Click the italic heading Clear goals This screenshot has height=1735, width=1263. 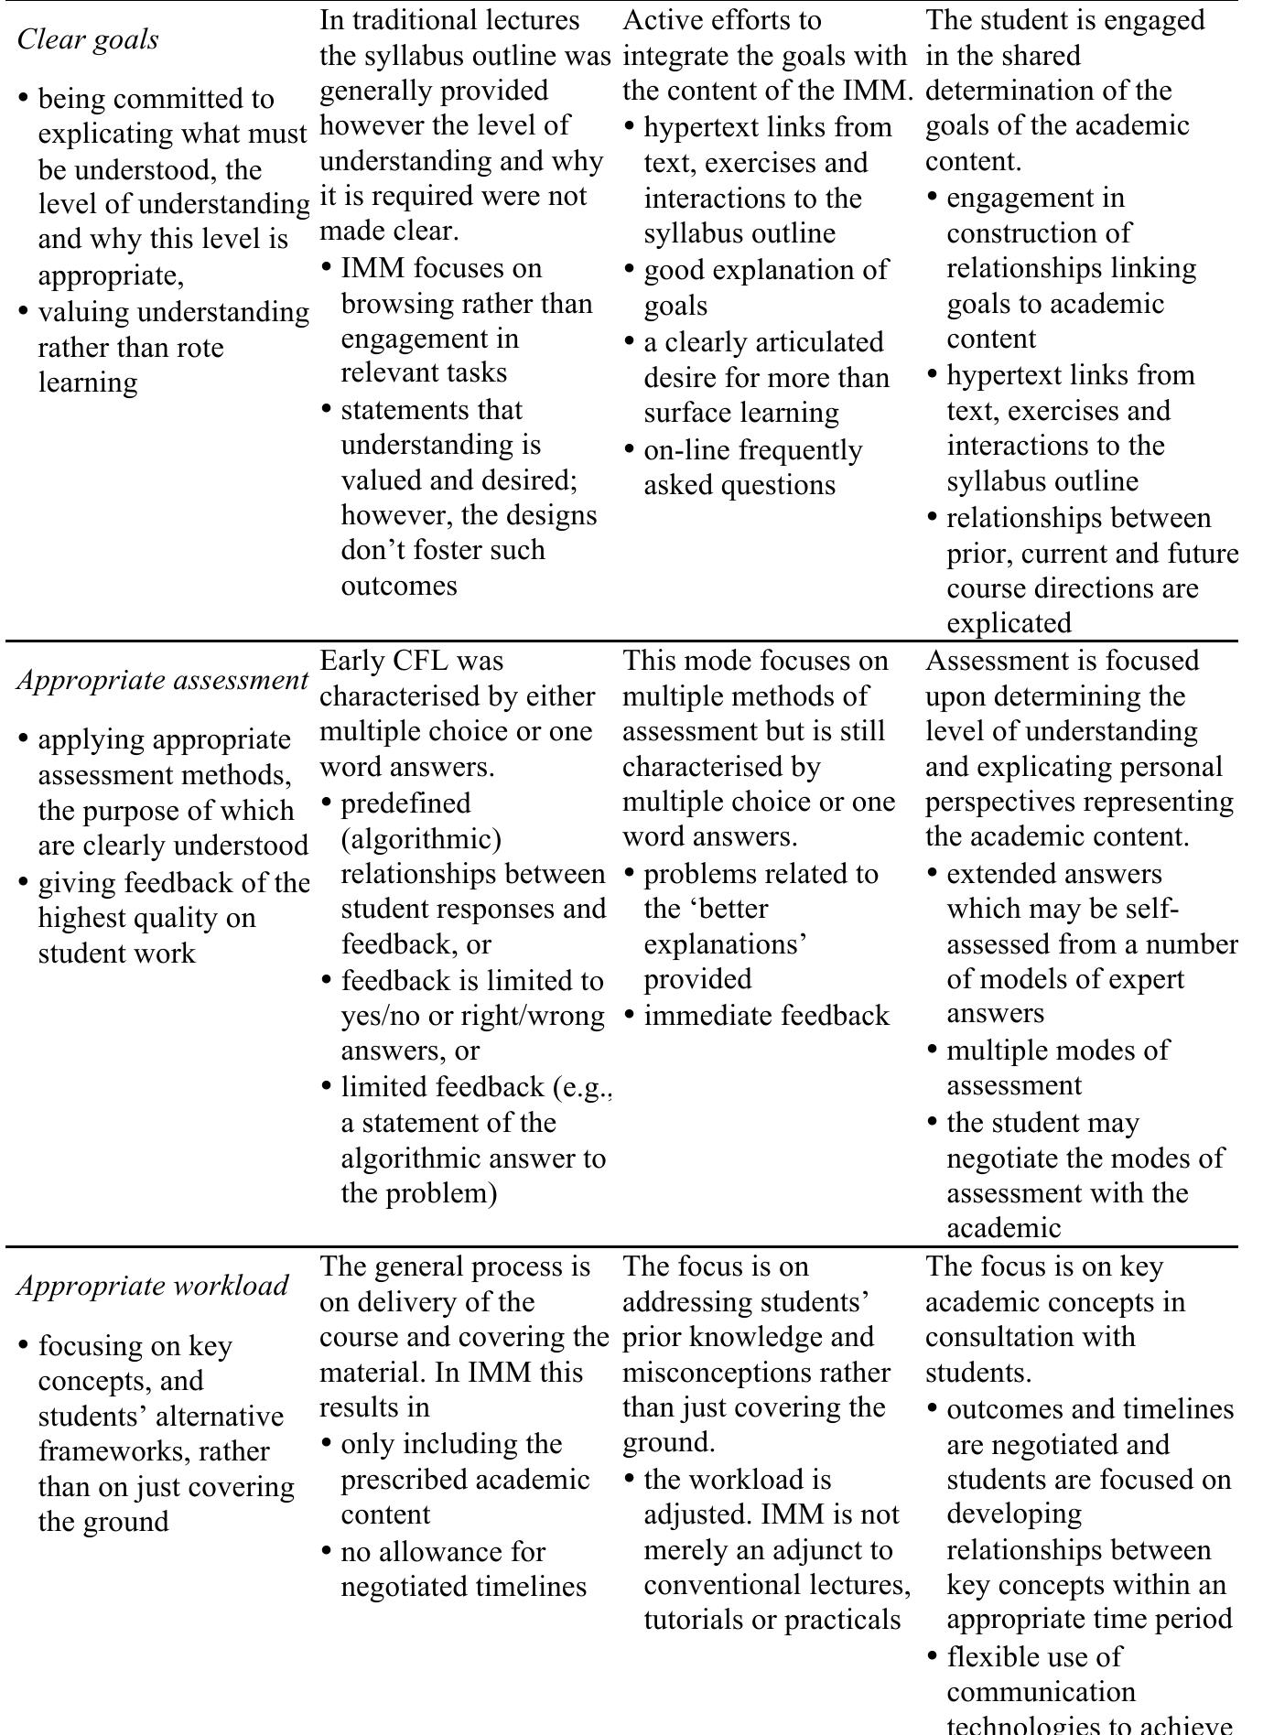tap(88, 39)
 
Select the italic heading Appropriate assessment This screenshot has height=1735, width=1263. tap(162, 680)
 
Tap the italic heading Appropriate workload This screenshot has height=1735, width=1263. tap(153, 1286)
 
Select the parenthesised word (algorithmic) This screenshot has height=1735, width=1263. tap(421, 838)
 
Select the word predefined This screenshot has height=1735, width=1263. tap(405, 803)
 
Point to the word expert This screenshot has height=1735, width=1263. tap(1147, 979)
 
